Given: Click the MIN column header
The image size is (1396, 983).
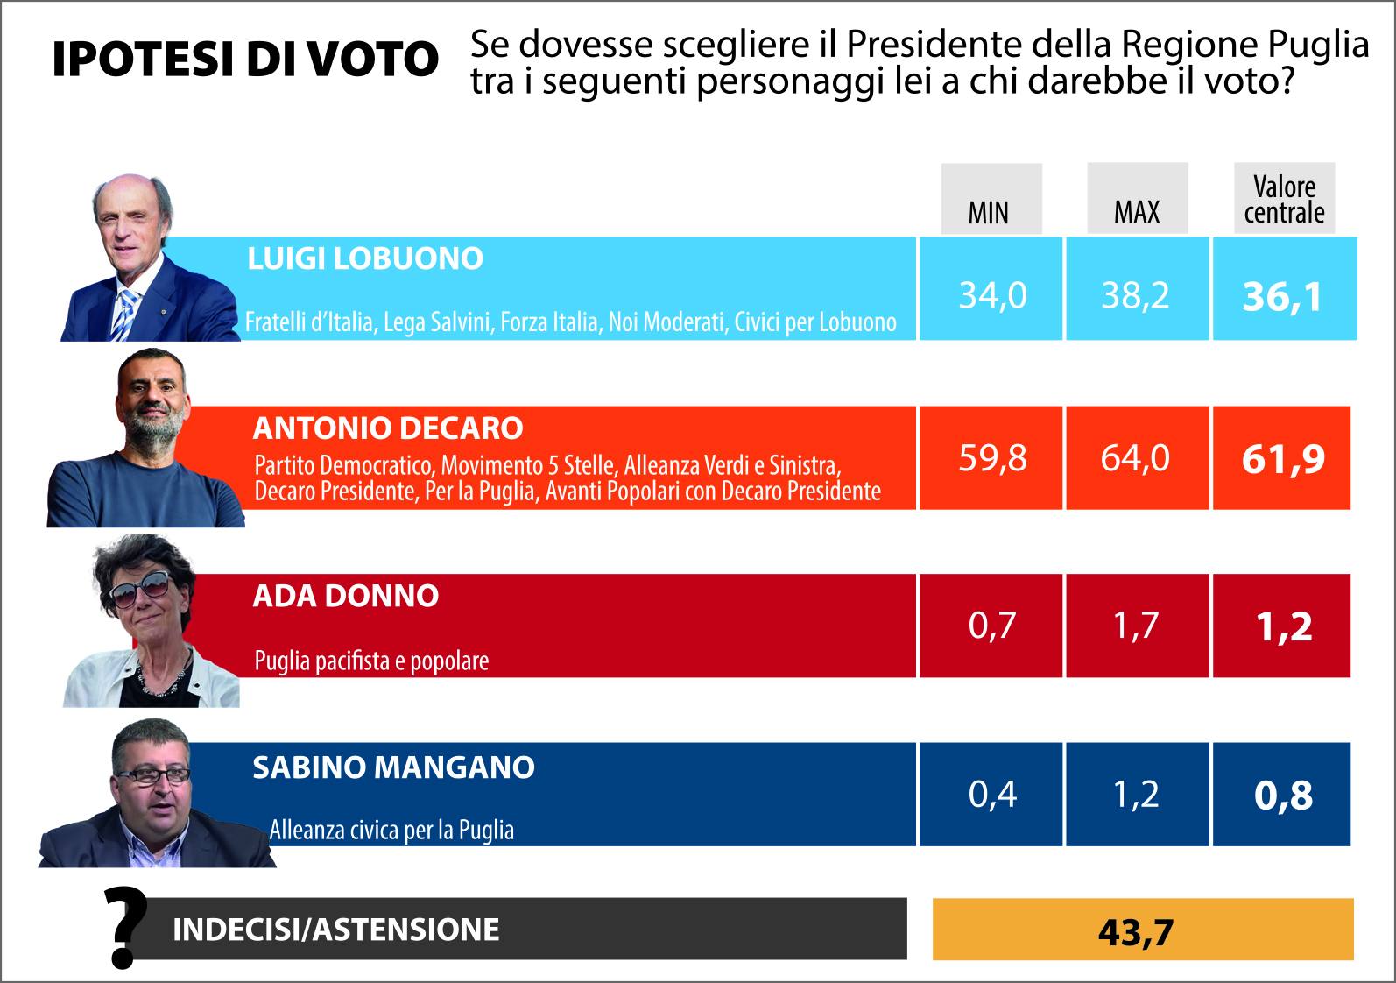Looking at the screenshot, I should (990, 211).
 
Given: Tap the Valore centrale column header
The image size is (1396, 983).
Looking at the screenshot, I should (1284, 199).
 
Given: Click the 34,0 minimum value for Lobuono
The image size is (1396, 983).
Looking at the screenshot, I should (992, 296).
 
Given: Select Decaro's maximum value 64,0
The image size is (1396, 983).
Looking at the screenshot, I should (1136, 458).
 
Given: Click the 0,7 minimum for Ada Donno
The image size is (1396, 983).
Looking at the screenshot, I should (992, 626).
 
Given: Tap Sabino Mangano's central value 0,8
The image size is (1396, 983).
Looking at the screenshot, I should (1283, 796).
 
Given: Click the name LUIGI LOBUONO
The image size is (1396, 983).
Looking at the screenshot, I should (365, 258).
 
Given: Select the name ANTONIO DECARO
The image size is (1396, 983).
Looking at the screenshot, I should (388, 428).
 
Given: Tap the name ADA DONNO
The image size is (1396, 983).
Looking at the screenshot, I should (345, 596).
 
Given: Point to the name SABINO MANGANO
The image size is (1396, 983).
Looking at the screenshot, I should (393, 767).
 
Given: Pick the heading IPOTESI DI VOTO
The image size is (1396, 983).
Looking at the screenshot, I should (245, 60).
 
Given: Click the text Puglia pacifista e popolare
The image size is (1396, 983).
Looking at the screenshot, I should (371, 660).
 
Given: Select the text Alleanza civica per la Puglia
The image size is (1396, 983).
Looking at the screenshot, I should (391, 829).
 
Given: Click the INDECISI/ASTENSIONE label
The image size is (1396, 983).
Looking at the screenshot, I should (336, 929).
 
